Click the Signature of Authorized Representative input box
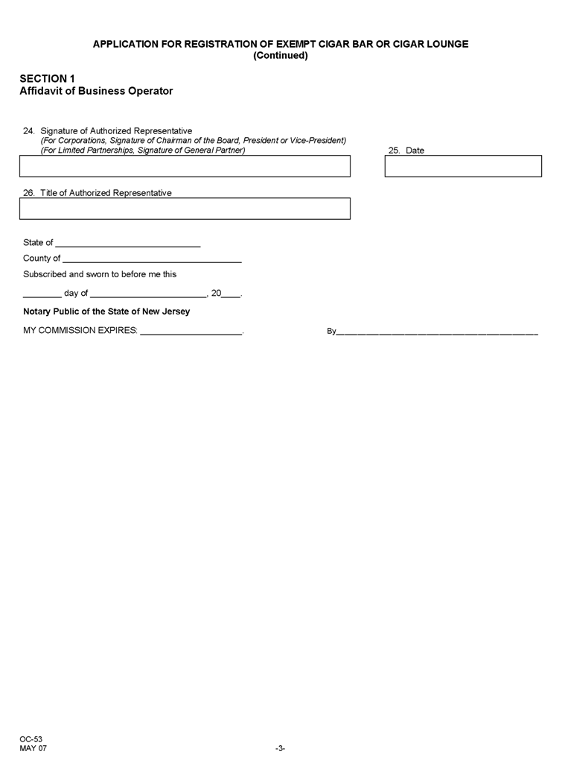pos(185,166)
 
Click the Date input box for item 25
pos(462,166)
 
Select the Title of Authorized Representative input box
pos(185,209)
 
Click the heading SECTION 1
pos(47,78)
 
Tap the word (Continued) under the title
pos(281,56)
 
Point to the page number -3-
pos(280,748)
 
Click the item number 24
pos(29,131)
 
